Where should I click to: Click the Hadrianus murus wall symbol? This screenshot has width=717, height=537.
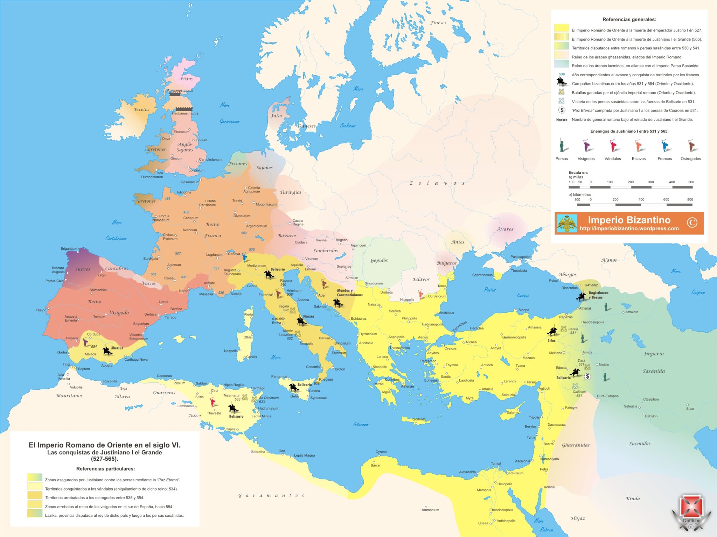tap(184, 109)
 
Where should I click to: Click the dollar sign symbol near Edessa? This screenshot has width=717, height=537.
tap(588, 376)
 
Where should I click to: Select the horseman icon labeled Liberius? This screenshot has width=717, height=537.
tap(107, 351)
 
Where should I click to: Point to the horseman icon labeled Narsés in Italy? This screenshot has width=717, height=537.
tap(301, 321)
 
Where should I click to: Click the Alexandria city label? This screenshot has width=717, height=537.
tap(467, 472)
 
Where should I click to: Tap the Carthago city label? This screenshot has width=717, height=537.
tap(258, 388)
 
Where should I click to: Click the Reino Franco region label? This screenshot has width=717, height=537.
tap(213, 230)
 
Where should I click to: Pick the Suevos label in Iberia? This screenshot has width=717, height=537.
tap(83, 269)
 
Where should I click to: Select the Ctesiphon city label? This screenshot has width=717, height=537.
tap(650, 399)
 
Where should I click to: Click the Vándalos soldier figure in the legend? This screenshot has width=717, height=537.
tap(613, 146)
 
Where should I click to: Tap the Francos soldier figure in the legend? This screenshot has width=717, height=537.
tap(664, 146)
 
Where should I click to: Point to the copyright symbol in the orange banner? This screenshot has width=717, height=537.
tap(692, 222)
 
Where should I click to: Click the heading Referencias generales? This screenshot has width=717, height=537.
tap(629, 20)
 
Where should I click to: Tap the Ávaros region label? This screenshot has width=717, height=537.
tap(505, 229)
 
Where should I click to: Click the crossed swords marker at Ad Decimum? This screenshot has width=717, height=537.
tap(255, 399)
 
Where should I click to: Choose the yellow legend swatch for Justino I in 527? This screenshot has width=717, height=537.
tap(561, 28)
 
